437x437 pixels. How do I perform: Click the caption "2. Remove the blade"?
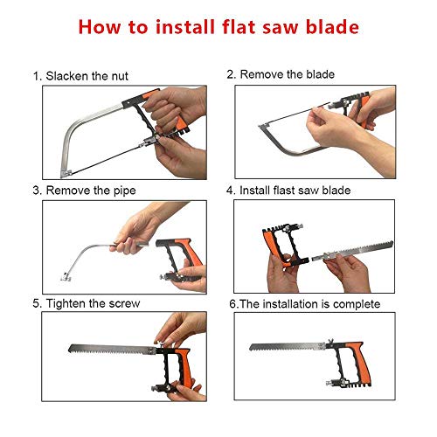[x=281, y=75]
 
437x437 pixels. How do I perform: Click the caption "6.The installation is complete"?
[x=304, y=303]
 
